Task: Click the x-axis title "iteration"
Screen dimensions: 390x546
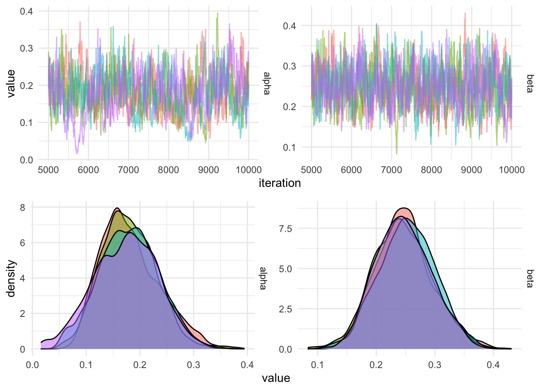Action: point(279,183)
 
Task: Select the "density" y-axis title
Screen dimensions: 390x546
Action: point(11,278)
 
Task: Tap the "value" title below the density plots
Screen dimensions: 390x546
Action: point(276,378)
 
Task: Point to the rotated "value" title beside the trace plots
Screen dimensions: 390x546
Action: point(11,83)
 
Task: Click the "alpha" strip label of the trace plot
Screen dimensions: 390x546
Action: point(266,83)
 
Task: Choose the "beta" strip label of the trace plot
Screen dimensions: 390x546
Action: point(530,83)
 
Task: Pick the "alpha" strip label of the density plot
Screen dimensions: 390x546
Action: point(263,278)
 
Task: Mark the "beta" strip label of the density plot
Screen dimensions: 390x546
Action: point(530,278)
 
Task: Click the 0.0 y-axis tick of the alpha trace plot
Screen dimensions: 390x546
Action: point(26,160)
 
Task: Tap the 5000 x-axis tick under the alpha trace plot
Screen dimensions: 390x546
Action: point(48,170)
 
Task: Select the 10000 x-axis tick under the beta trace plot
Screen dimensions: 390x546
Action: point(511,170)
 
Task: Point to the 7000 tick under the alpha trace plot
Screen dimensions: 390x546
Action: point(128,170)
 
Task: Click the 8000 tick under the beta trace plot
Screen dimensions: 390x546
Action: point(431,170)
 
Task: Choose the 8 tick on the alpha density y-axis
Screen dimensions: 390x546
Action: point(22,208)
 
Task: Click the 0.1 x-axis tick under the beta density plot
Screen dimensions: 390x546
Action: point(318,365)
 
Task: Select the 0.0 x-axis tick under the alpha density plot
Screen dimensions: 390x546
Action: point(32,365)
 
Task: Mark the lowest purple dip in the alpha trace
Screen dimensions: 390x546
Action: point(77,154)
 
